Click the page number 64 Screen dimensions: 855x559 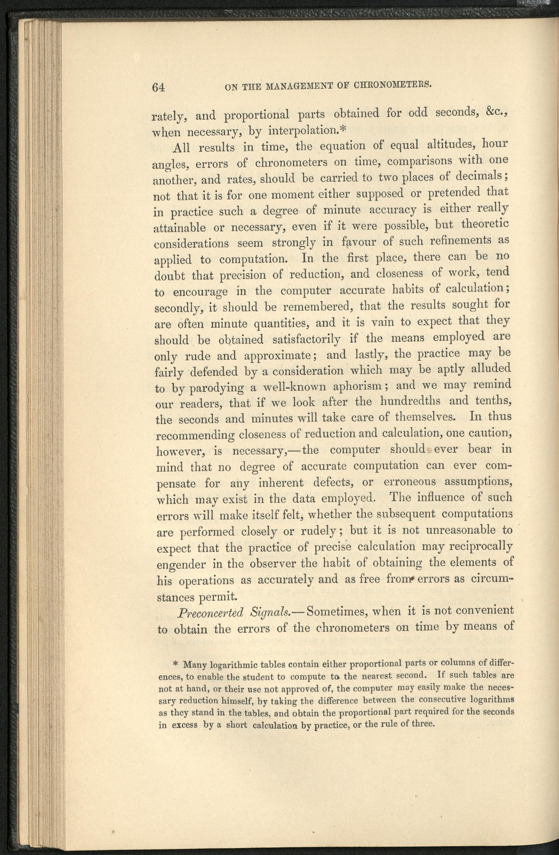pyautogui.click(x=158, y=87)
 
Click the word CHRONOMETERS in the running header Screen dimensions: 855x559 pyautogui.click(x=392, y=85)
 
